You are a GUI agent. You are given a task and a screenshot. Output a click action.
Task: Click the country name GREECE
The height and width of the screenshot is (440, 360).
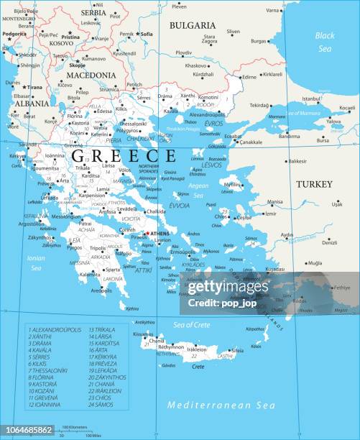124,155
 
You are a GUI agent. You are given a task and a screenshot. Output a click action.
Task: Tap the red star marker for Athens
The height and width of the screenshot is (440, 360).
146,233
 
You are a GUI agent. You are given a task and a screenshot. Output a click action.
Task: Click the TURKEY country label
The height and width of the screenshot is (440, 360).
314,184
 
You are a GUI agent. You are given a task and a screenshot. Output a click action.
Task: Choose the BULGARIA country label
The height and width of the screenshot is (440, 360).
192,25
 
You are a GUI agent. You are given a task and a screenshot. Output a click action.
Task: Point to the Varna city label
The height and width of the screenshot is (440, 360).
273,11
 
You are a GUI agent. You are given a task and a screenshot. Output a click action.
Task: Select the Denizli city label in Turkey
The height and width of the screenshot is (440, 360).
330,242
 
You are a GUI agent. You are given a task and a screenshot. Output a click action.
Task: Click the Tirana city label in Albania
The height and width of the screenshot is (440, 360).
34,87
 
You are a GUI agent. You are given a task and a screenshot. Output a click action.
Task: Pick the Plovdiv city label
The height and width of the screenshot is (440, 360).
184,52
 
